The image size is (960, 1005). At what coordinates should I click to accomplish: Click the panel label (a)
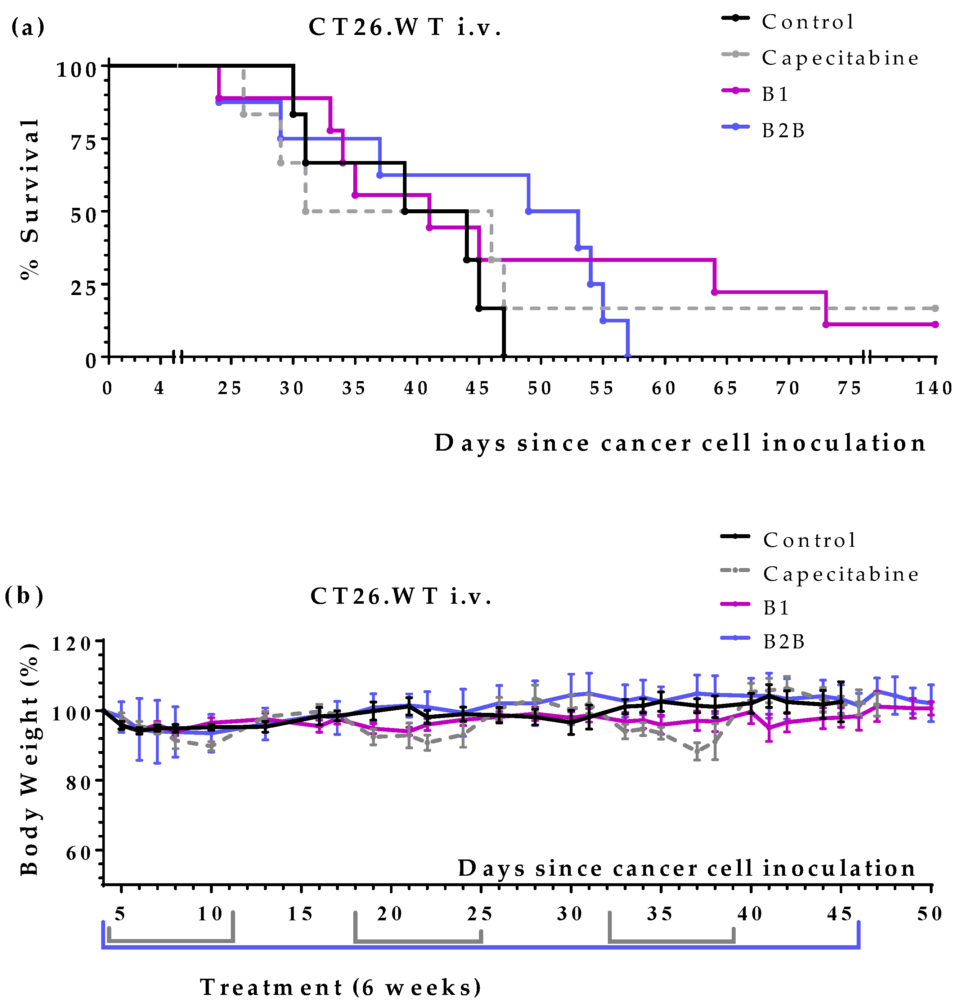pyautogui.click(x=28, y=27)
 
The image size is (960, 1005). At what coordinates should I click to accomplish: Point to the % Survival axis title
pyautogui.click(x=30, y=200)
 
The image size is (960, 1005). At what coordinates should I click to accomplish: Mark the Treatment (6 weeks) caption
pyautogui.click(x=340, y=987)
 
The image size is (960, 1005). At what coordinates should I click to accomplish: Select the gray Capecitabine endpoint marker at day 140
pyautogui.click(x=935, y=308)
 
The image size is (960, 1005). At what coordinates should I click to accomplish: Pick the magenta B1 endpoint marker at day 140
pyautogui.click(x=935, y=324)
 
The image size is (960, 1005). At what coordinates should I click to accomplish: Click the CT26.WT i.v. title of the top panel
pyautogui.click(x=405, y=27)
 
